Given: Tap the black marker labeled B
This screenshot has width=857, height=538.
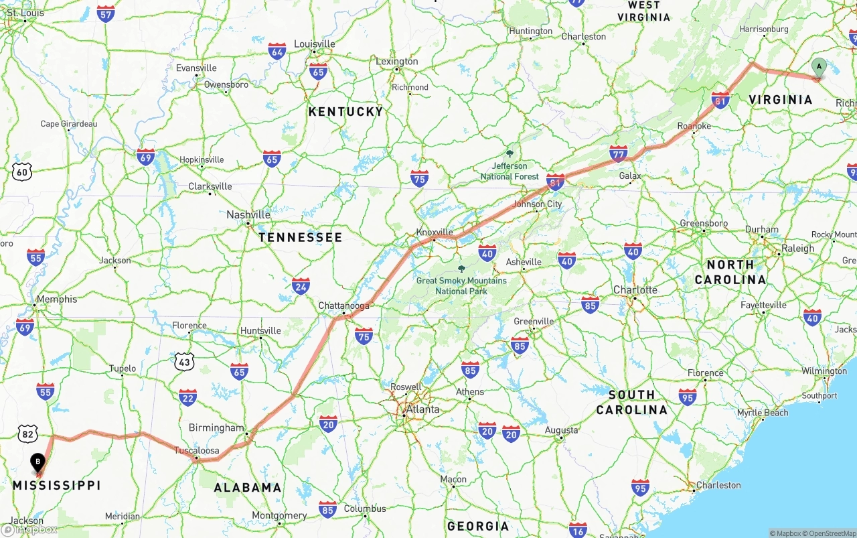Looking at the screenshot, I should tap(38, 462).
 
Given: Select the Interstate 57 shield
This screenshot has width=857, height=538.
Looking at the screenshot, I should tap(105, 13).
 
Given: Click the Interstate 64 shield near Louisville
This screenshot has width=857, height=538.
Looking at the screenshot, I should tap(277, 51).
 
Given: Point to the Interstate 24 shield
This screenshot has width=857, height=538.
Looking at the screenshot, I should tap(301, 286).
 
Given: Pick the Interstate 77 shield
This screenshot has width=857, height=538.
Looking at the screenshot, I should tap(618, 153).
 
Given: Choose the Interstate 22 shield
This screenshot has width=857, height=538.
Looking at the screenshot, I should tap(188, 397).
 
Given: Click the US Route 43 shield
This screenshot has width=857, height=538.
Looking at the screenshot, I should tap(185, 362).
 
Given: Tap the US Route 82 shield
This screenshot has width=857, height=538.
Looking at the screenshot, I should tap(27, 433).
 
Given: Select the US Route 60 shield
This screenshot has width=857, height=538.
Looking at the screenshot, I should tap(22, 172).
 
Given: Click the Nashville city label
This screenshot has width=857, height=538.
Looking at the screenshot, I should tap(248, 214).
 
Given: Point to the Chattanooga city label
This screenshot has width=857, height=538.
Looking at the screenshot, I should tap(344, 306).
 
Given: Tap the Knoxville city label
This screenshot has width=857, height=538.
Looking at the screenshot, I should tap(435, 232).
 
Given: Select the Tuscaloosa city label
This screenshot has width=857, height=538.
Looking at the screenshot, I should tap(197, 450).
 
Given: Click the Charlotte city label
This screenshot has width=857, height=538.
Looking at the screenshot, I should tap(635, 289).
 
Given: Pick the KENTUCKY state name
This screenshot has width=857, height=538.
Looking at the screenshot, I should tap(346, 112).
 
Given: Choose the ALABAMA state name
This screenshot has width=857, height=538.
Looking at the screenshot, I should tap(248, 487).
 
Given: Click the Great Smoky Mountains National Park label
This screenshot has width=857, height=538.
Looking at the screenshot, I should tap(461, 285).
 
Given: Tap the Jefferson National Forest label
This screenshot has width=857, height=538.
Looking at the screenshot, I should tap(510, 171).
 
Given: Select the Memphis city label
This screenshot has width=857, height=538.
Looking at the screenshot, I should tap(57, 299).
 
